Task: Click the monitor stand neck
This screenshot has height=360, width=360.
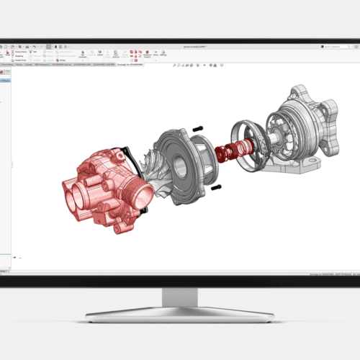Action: [x=179, y=295]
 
